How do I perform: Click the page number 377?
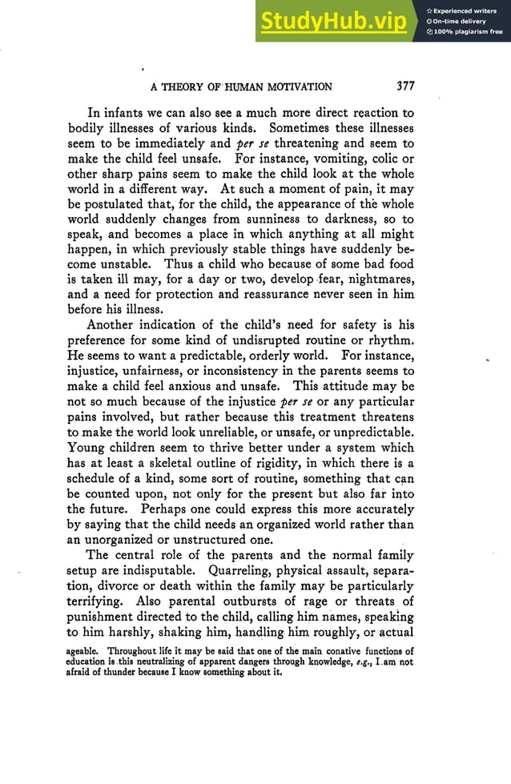tap(400, 86)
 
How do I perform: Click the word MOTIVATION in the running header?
tap(291, 86)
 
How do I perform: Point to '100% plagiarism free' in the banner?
tap(468, 32)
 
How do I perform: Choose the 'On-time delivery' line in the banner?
tap(461, 21)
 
